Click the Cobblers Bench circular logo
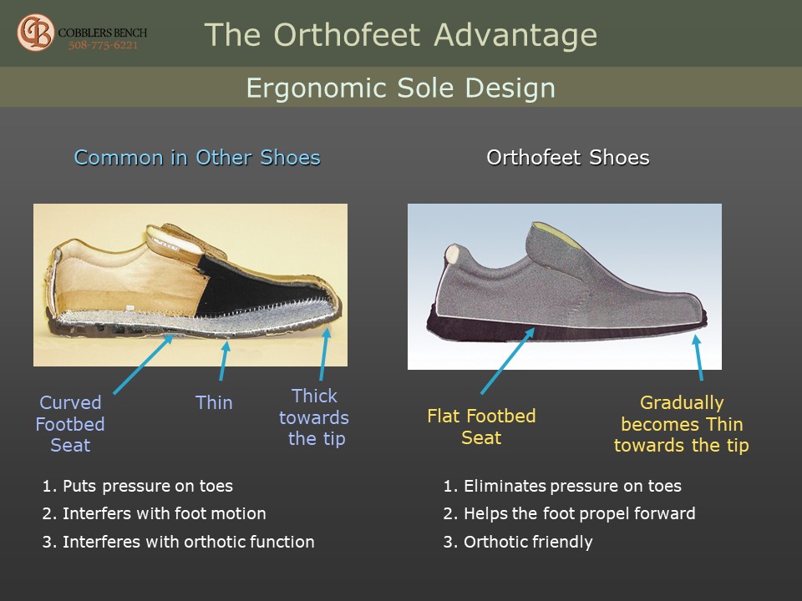(35, 33)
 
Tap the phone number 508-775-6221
(104, 45)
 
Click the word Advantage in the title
(515, 35)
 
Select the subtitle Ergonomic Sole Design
(400, 88)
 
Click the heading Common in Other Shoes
(197, 158)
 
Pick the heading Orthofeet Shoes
(568, 158)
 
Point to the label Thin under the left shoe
(214, 402)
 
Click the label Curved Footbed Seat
(70, 424)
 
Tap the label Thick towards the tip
(314, 417)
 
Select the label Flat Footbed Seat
(481, 427)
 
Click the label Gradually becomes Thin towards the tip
(682, 424)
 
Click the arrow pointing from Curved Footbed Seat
(143, 365)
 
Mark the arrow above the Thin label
(224, 361)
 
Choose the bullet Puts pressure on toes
(138, 486)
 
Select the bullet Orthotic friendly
(518, 542)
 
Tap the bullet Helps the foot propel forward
(569, 513)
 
